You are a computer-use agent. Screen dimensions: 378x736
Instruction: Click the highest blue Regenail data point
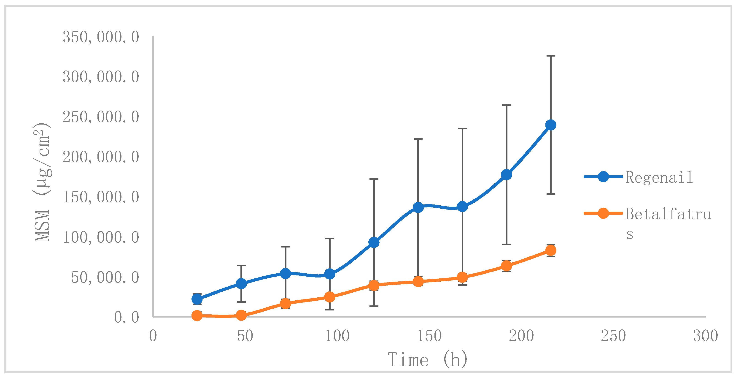point(551,125)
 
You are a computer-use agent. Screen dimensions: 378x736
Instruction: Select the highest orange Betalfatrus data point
point(551,250)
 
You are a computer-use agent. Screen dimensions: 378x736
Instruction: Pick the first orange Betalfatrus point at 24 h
point(197,316)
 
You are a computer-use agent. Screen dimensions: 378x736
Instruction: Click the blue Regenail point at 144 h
point(418,207)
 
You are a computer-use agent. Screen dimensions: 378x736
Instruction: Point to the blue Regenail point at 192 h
point(507,175)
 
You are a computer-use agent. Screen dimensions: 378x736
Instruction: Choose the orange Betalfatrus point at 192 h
point(507,266)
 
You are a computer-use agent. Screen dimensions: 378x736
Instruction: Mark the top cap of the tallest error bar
point(551,56)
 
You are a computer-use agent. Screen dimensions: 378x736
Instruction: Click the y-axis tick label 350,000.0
point(101,37)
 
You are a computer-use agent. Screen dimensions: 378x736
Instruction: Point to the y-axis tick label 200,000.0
point(101,157)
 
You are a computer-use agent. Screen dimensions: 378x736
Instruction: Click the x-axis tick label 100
point(337,336)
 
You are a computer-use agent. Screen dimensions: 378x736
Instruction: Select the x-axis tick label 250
point(613,336)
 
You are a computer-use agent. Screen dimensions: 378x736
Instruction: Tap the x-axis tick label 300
point(705,336)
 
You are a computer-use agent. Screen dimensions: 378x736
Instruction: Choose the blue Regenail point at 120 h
point(374,242)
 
